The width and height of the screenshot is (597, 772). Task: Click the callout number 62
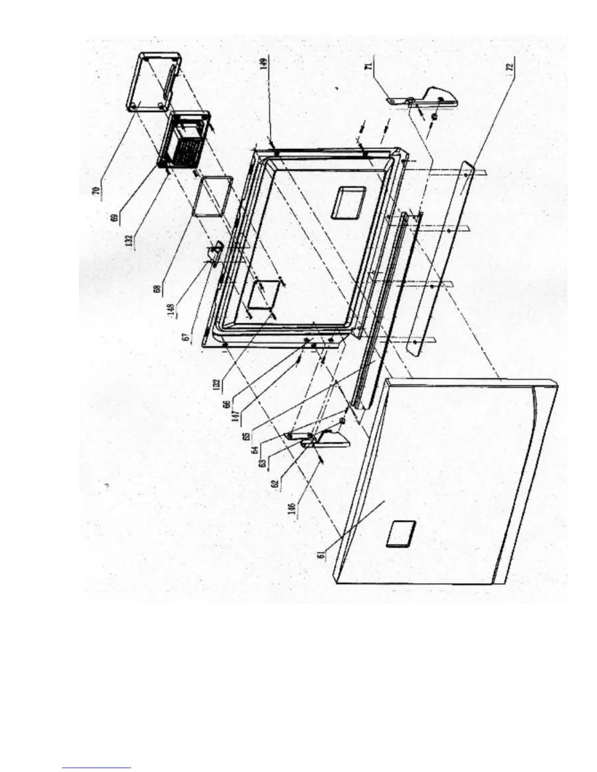click(x=276, y=485)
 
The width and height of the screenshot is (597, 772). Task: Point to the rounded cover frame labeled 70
click(x=152, y=82)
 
